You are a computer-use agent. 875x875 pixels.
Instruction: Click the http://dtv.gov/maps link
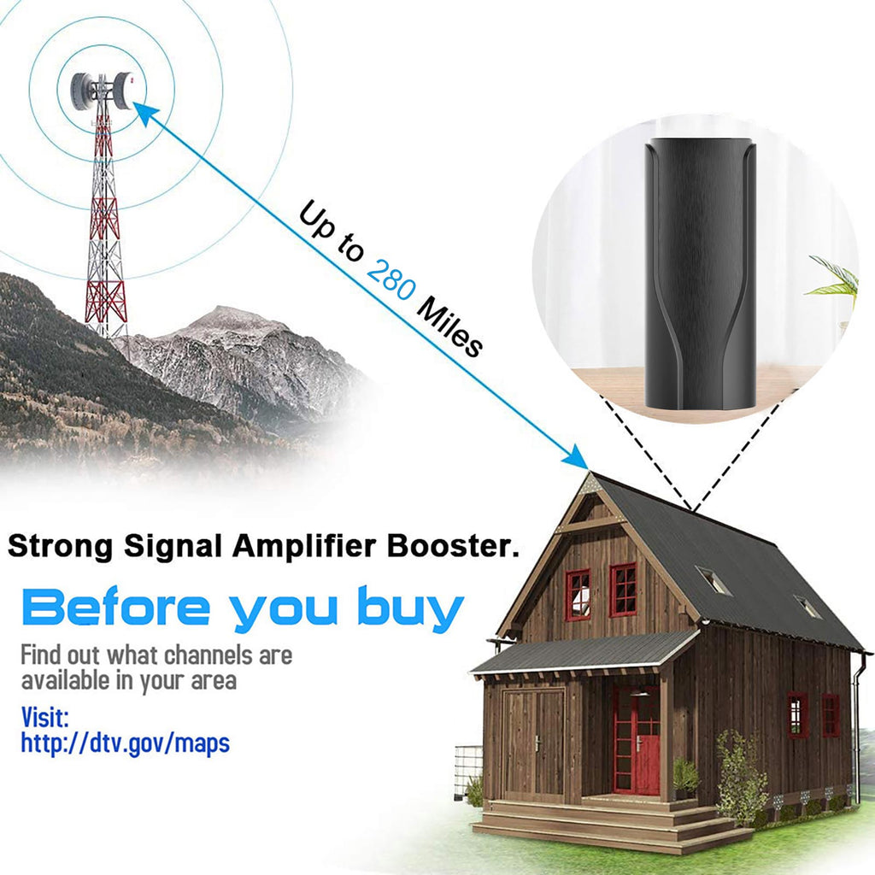pyautogui.click(x=125, y=743)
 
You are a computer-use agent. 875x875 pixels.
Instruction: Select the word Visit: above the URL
pyautogui.click(x=44, y=717)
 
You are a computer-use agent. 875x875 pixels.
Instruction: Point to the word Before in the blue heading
pyautogui.click(x=115, y=607)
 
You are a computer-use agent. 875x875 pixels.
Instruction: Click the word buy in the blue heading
pyautogui.click(x=410, y=609)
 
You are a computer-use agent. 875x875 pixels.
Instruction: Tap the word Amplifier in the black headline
pyautogui.click(x=305, y=545)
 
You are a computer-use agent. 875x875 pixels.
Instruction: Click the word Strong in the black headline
pyautogui.click(x=61, y=546)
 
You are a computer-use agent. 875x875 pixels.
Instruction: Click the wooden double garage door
pyautogui.click(x=534, y=744)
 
